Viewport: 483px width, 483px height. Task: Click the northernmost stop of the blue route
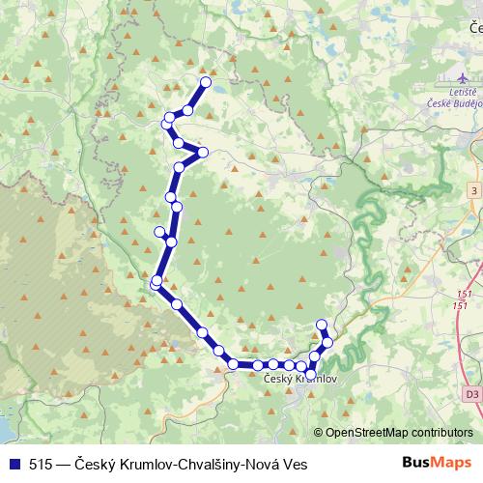point(206,82)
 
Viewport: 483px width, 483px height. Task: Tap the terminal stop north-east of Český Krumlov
point(322,325)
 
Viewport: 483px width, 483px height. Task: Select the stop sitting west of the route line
point(160,231)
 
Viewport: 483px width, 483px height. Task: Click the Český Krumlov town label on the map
point(299,380)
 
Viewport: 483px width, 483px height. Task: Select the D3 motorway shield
point(471,394)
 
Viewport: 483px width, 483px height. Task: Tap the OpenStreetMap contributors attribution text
point(399,433)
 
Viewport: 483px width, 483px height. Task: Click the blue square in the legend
point(13,464)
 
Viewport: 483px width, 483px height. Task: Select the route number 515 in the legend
point(41,464)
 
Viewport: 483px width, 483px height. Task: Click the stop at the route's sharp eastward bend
point(203,152)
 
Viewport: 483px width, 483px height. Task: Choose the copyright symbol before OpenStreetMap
point(320,433)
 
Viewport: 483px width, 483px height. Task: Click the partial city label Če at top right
point(472,30)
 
